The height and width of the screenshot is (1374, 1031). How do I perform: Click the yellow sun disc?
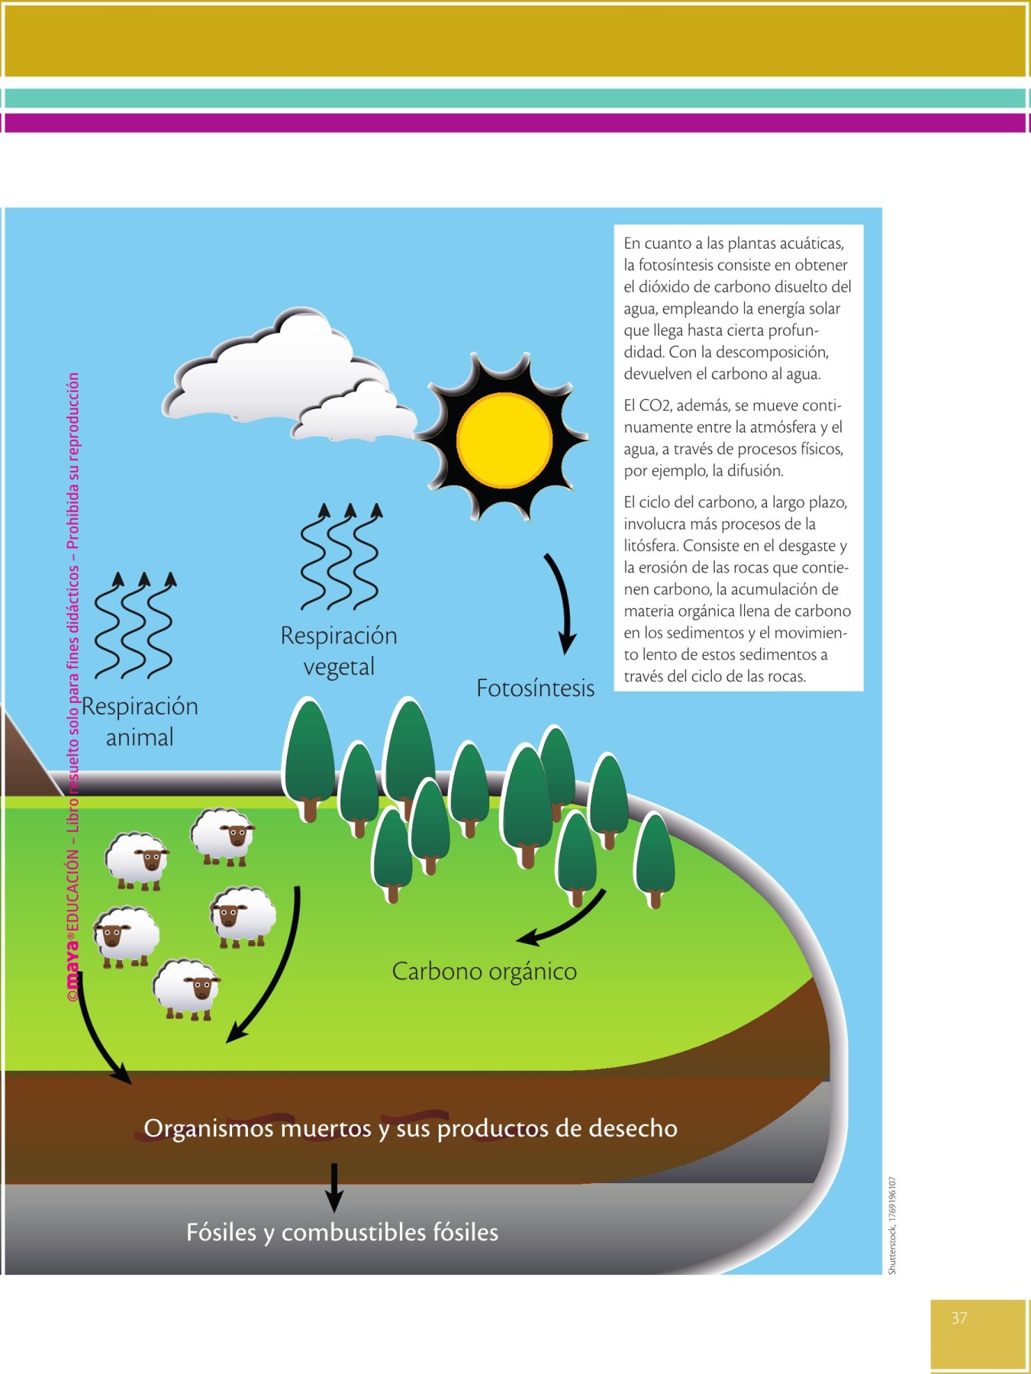coord(504,440)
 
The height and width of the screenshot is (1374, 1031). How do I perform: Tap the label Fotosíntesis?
coord(535,689)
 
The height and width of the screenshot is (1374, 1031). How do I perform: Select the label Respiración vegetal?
coord(339,651)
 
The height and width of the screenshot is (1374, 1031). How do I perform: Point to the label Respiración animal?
coord(140,721)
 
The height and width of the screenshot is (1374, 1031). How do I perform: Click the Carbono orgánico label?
coord(484,972)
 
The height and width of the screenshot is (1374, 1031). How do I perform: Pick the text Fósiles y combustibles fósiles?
coord(342,1233)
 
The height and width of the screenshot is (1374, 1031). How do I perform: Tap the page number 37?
coord(959,1318)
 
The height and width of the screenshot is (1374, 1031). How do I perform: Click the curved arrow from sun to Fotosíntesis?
coord(563,603)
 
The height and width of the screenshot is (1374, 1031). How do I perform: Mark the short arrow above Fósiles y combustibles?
coord(333,1188)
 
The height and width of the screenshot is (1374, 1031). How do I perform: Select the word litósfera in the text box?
coord(650,546)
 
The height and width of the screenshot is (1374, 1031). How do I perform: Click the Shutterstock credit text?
coord(892,1225)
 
